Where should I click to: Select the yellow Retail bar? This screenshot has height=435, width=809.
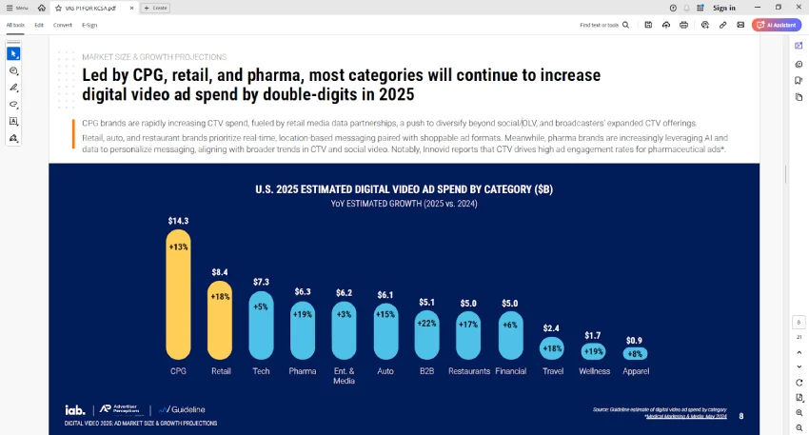click(220, 320)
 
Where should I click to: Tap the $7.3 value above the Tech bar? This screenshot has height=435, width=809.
click(261, 282)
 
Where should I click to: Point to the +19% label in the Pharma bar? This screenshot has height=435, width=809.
click(303, 314)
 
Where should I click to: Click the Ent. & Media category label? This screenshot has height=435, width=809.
click(344, 375)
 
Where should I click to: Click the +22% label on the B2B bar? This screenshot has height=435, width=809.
click(427, 324)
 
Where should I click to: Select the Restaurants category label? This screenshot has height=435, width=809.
click(468, 371)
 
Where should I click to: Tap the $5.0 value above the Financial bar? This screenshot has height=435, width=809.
click(510, 303)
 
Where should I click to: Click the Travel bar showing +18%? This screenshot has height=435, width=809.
click(552, 348)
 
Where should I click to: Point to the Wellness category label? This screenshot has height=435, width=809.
click(594, 371)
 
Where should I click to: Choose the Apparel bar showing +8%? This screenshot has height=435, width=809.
click(635, 353)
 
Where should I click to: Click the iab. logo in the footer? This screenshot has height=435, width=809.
click(75, 409)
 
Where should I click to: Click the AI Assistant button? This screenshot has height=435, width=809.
click(776, 25)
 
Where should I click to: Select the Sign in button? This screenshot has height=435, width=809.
click(724, 8)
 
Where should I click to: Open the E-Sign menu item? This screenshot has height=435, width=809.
click(89, 25)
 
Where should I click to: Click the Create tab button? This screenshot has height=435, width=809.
click(155, 8)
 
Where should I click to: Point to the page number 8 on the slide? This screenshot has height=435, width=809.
click(741, 416)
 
